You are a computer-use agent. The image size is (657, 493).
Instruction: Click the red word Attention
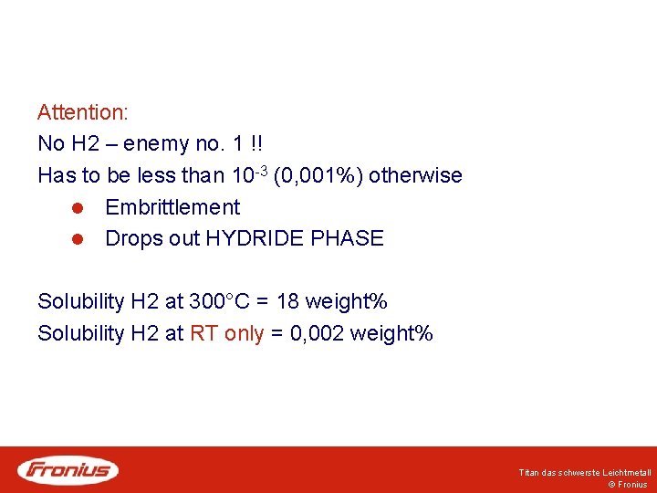point(82,113)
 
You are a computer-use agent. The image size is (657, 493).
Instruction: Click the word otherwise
point(415,175)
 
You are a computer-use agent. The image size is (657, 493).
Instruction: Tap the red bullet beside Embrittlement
point(78,207)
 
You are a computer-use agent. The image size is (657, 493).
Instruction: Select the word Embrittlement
point(172,207)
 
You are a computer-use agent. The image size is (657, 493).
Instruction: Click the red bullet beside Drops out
point(78,239)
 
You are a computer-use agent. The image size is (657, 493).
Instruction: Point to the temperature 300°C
point(224,301)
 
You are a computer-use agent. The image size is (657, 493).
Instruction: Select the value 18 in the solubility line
point(287,301)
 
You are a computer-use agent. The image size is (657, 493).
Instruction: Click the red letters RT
point(203,333)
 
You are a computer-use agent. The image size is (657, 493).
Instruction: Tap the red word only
point(243,333)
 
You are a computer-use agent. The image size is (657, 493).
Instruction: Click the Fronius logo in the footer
point(68,470)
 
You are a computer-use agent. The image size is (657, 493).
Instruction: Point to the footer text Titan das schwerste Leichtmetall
point(584,473)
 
